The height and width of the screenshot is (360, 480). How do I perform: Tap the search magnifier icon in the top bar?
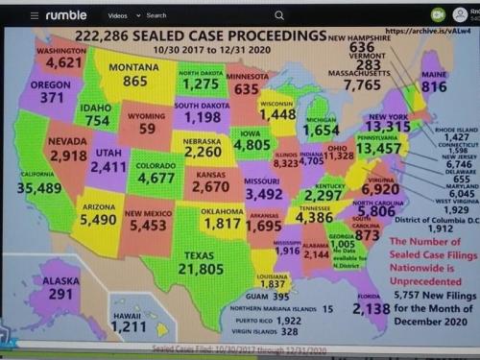click(x=279, y=15)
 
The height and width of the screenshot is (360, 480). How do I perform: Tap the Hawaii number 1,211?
click(x=128, y=326)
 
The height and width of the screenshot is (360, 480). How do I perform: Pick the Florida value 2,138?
click(x=371, y=309)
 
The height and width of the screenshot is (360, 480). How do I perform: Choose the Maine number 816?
click(x=434, y=86)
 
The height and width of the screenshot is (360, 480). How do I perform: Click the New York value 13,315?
click(x=389, y=127)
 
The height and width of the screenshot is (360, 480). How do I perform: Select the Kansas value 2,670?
click(x=210, y=186)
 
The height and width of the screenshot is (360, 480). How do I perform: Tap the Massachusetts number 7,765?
click(x=362, y=84)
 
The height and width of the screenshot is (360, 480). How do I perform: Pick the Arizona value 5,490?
click(x=98, y=220)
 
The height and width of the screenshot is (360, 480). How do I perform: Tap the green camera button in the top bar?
click(x=438, y=14)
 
